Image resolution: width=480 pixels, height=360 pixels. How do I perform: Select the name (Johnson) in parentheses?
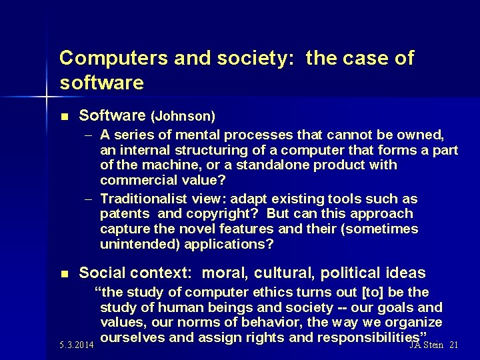tap(183, 117)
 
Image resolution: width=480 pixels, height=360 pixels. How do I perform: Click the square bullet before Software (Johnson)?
tap(65, 117)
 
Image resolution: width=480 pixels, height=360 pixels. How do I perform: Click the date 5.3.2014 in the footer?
tap(76, 345)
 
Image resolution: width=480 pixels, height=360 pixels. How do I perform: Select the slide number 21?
tap(454, 345)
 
